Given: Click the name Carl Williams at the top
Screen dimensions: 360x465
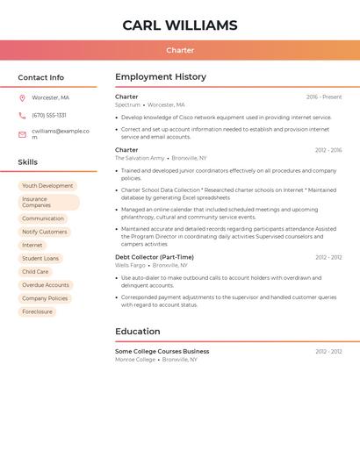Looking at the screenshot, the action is tap(180, 25).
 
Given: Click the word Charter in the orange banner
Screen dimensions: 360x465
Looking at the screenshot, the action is tap(180, 50).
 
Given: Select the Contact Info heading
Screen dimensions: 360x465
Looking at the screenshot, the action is tap(41, 77).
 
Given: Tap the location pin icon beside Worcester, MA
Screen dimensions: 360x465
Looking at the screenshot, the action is tap(22, 98).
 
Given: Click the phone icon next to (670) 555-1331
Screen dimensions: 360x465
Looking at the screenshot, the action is tap(22, 115).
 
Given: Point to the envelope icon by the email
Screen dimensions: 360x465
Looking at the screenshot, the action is tap(22, 134).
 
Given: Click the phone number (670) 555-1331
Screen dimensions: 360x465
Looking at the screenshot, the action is tap(49, 115).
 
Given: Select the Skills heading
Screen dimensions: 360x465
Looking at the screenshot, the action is tap(28, 162).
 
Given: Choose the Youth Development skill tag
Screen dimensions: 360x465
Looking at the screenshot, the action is tap(47, 186).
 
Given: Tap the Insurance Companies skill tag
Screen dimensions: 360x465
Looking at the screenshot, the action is tap(48, 202).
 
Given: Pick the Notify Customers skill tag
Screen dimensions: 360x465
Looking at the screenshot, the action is tap(44, 232).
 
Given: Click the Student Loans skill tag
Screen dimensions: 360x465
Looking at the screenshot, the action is tap(40, 259).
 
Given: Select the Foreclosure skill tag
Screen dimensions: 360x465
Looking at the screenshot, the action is tap(37, 311).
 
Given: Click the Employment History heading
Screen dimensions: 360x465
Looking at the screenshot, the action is tap(161, 77).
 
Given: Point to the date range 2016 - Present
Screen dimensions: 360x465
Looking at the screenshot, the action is tap(324, 97).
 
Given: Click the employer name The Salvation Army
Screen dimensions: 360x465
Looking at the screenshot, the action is tap(140, 158).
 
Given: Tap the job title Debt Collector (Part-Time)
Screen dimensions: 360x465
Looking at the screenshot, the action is tap(155, 257).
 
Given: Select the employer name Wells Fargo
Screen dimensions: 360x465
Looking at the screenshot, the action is tap(131, 265).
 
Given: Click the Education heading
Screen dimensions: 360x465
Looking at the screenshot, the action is tap(138, 332).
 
